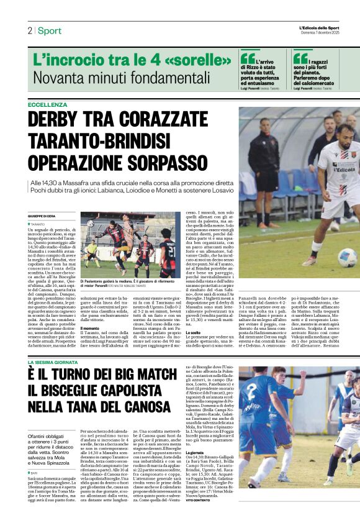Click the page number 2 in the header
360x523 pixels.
pos(29,30)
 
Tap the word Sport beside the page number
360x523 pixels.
pos(49,30)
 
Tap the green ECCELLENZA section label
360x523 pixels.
pos(47,104)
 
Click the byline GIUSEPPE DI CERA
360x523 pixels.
pos(41,215)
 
